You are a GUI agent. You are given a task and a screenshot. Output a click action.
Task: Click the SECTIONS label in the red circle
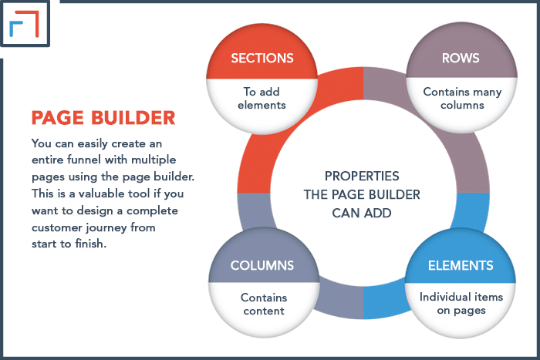tap(262, 58)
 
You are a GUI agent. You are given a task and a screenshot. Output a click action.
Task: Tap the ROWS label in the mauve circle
tap(461, 58)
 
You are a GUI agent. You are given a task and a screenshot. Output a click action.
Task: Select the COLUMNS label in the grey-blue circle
tap(262, 265)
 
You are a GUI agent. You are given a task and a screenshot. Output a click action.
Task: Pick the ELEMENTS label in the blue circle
tap(461, 265)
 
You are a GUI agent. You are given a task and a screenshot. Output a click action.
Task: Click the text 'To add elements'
tap(262, 98)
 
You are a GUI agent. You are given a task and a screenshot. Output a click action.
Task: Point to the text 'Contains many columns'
tap(462, 98)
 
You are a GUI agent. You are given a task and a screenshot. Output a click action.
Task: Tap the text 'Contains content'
tap(264, 304)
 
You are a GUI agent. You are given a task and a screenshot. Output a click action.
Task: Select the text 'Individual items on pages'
tap(461, 304)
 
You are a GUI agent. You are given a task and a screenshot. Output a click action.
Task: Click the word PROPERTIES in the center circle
tap(362, 177)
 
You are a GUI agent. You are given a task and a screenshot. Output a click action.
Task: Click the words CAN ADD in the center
tap(362, 213)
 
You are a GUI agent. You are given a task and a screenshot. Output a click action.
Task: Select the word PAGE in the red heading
tap(58, 118)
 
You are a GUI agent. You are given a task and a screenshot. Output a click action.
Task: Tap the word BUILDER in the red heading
tap(133, 118)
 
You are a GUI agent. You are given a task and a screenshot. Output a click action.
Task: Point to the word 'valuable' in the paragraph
tap(101, 193)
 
